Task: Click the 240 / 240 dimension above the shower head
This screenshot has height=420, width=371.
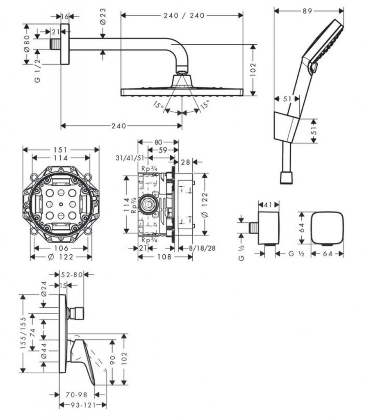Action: click(x=180, y=16)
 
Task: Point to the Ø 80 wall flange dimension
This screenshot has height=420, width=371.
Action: click(x=26, y=43)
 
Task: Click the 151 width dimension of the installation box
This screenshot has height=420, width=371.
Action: click(x=61, y=150)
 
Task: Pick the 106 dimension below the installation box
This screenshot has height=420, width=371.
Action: click(x=61, y=248)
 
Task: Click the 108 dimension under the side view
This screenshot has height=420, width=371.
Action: click(x=165, y=257)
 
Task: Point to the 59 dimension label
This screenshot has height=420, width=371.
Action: click(x=163, y=151)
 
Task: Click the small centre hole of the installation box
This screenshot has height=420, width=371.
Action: click(x=61, y=204)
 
